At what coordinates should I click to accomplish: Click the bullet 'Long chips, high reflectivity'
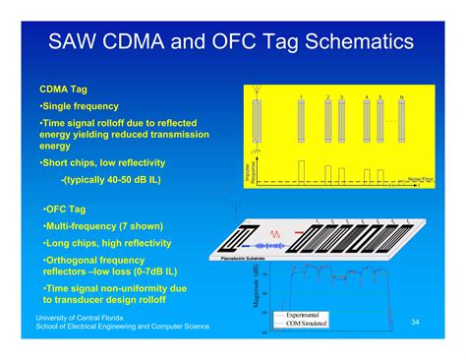(x=107, y=243)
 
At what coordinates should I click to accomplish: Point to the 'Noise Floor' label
(x=420, y=179)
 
